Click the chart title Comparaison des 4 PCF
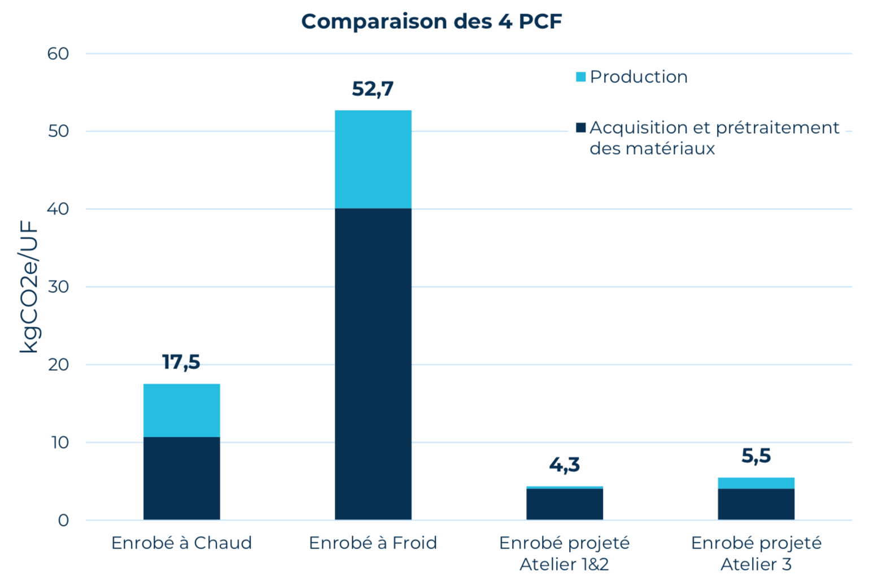pos(431,21)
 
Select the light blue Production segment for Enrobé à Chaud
pos(181,410)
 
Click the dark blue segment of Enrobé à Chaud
pos(181,478)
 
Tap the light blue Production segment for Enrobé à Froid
pos(373,159)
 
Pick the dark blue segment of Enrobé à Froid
pos(373,364)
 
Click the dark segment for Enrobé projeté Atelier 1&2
pos(564,504)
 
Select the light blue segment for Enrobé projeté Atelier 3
pos(755,483)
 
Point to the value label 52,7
pos(373,89)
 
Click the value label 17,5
pos(181,362)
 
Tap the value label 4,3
pos(564,464)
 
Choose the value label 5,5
pos(755,455)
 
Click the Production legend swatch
pos(580,77)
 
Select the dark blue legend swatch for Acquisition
pos(580,128)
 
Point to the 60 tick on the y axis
pos(58,54)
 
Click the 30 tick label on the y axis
pos(58,287)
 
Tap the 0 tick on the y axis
pos(63,520)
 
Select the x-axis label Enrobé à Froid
pos(373,543)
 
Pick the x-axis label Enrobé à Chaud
pos(181,543)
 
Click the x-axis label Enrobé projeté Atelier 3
pos(755,553)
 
